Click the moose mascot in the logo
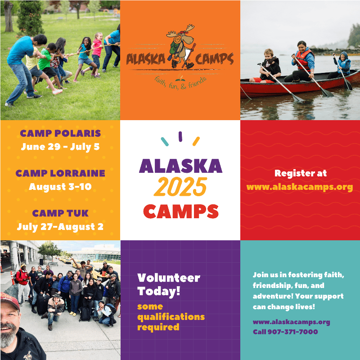coord(181,47)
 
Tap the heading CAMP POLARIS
coord(60,133)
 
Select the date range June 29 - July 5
coord(60,147)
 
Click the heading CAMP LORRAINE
coord(60,173)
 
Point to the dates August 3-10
coord(60,187)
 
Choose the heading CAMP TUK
coord(60,213)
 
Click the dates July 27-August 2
coord(60,227)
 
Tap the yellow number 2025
coord(180,187)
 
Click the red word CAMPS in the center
coord(181,211)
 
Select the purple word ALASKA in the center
coord(181,166)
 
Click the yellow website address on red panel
coord(300,187)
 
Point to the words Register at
coord(301,173)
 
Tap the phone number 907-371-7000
coord(293,332)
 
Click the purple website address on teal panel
coord(291,322)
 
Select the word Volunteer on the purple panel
coord(169,278)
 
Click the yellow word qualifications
coord(171,317)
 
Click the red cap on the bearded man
coord(10,300)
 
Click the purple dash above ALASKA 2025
coord(180,136)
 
